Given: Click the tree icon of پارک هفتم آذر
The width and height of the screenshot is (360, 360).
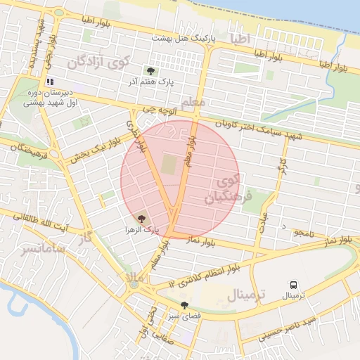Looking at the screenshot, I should [x=150, y=71].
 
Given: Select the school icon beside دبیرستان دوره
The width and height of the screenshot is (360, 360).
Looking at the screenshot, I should [x=50, y=82].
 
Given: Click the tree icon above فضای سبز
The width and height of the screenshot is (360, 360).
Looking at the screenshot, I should [x=184, y=306].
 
